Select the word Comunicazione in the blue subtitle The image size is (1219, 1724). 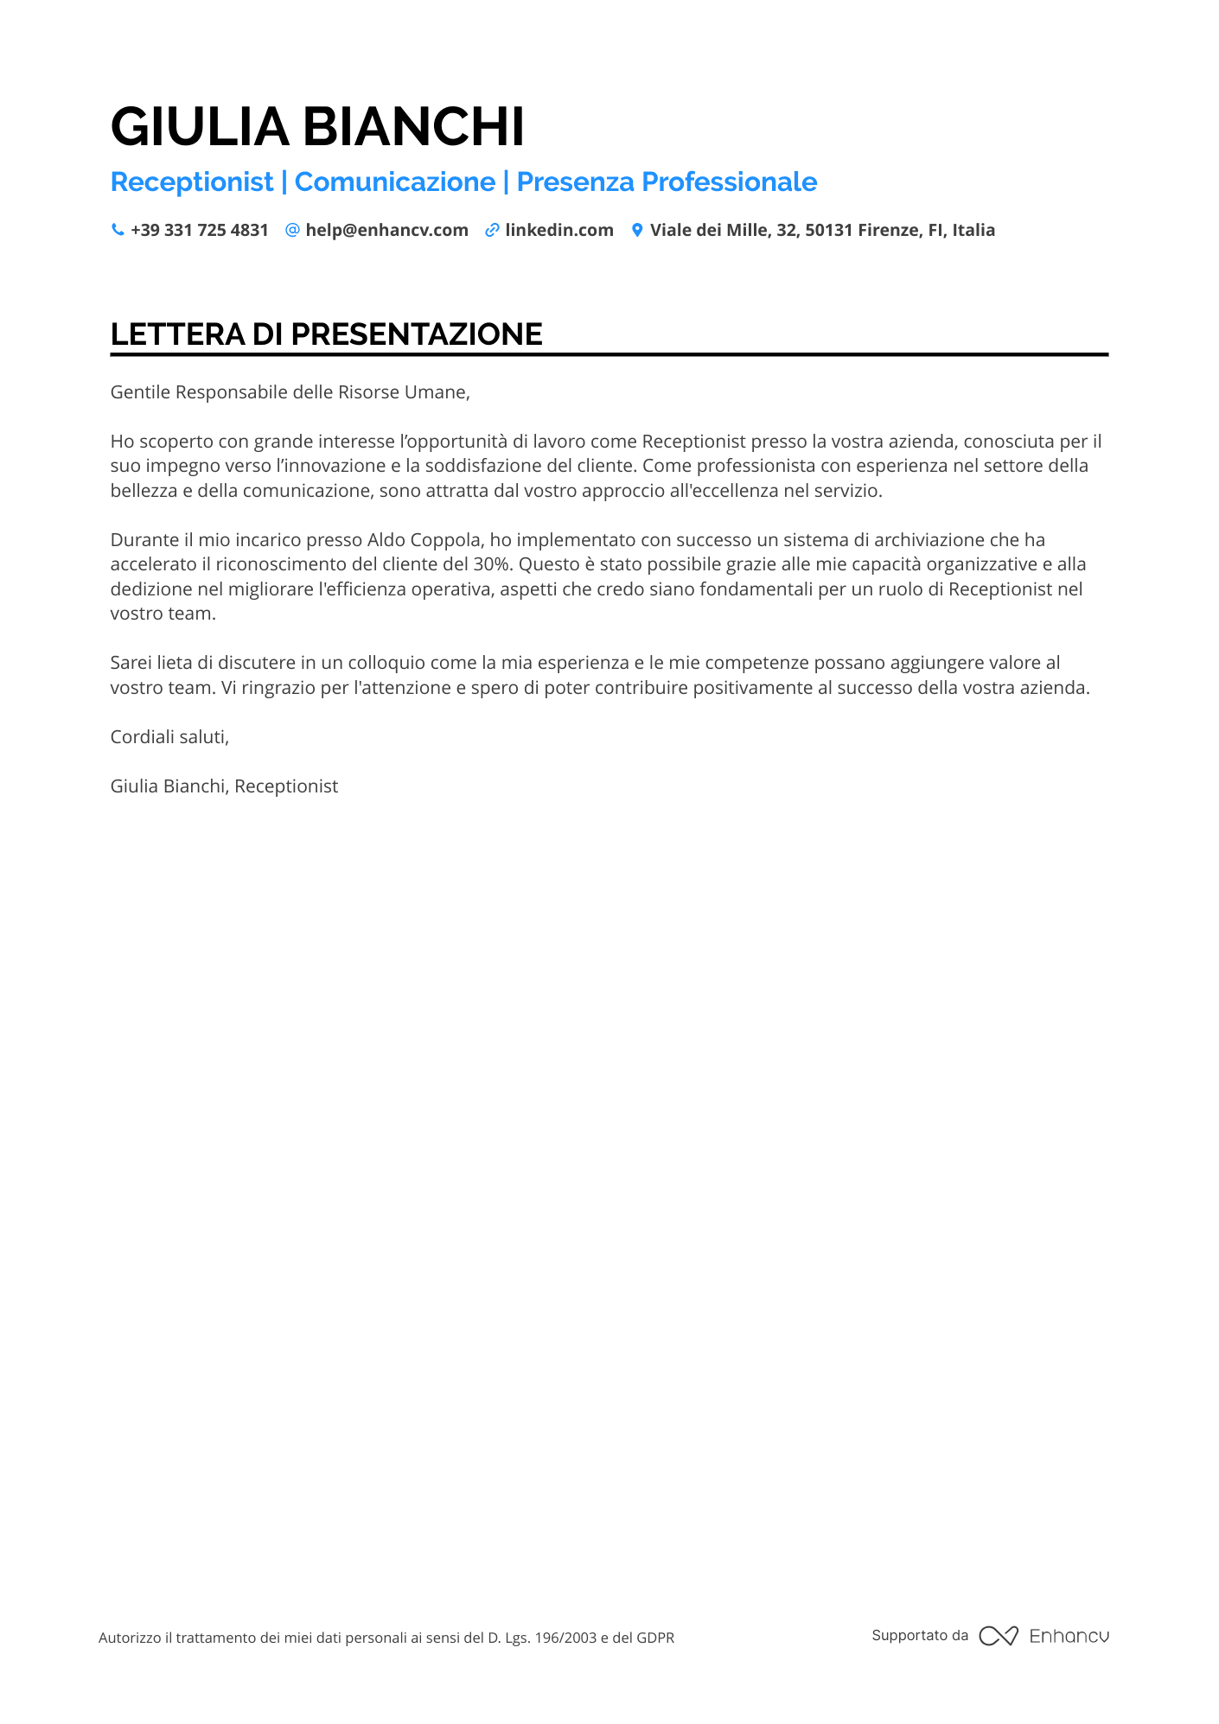395,182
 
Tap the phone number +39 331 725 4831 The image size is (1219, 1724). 200,231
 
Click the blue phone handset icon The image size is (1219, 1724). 118,230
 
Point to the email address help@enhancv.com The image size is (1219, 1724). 386,231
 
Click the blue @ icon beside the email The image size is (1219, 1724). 292,230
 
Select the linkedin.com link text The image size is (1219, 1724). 559,231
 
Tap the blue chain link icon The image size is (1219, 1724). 492,230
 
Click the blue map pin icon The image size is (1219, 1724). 637,230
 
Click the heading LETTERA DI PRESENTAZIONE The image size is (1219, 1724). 326,334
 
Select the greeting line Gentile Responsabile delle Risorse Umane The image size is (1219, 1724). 290,392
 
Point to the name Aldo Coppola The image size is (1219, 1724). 424,540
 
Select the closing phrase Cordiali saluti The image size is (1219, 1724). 169,737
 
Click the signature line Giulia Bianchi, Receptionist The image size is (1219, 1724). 224,786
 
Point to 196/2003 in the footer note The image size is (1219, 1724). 565,1638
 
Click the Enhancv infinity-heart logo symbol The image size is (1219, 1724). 998,1636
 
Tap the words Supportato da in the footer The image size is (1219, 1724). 920,1636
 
